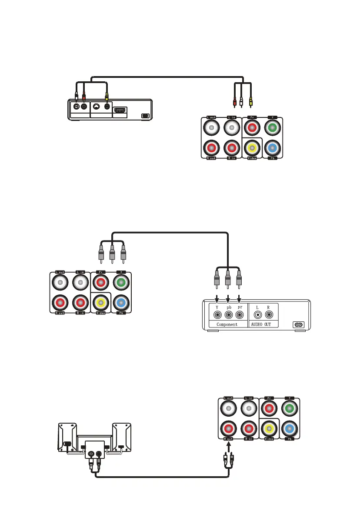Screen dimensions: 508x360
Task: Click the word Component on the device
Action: [x=224, y=324]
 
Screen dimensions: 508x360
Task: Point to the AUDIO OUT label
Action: [x=264, y=324]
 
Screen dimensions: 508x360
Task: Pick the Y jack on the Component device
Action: [x=216, y=314]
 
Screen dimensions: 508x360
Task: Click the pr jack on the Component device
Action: [x=239, y=314]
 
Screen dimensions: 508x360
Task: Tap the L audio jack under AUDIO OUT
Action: [x=258, y=314]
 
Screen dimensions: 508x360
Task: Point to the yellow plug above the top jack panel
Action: [x=250, y=104]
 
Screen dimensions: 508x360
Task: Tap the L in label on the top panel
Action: [x=232, y=117]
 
